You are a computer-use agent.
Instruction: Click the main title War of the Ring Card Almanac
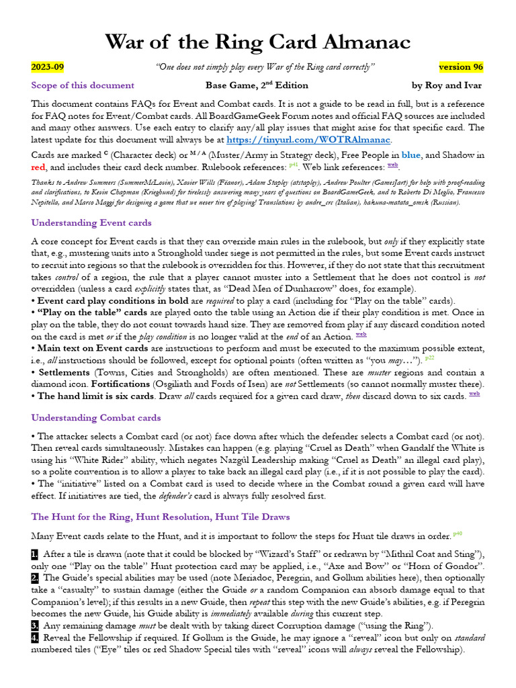point(257,42)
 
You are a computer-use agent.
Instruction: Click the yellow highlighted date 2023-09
point(48,67)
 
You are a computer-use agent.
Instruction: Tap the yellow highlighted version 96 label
point(460,67)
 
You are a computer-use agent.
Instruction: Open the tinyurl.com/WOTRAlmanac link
point(308,140)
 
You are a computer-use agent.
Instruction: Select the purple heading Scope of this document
point(83,85)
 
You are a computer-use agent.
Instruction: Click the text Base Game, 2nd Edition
point(257,85)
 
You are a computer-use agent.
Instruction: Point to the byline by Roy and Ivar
point(446,85)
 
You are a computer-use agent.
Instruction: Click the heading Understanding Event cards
point(91,222)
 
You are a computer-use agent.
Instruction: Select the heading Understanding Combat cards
point(96,417)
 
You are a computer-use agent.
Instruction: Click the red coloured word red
point(38,167)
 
